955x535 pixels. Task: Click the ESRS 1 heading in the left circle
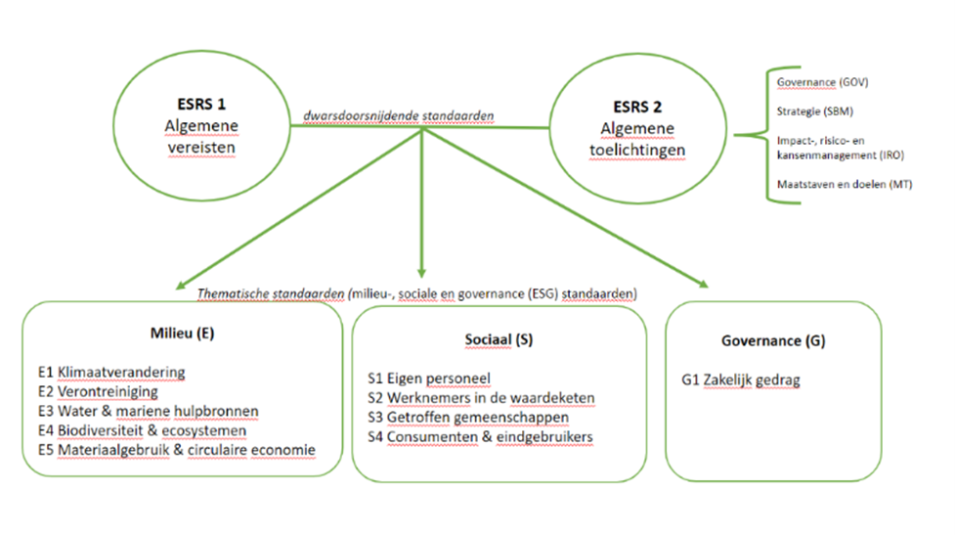point(201,105)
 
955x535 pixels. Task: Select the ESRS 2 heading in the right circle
point(637,107)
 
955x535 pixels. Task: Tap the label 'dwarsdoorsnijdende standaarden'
point(398,115)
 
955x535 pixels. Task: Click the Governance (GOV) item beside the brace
point(822,82)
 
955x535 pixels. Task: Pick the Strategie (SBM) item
point(815,111)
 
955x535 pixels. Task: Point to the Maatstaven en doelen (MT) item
point(845,184)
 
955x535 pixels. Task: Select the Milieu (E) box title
point(182,334)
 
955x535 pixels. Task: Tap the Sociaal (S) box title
point(499,340)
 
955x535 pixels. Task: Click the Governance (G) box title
point(773,341)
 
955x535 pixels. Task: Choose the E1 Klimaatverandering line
point(111,373)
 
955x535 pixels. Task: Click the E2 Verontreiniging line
point(98,392)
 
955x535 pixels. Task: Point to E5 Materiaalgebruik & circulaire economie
point(177,450)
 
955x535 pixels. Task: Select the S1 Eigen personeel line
point(429,379)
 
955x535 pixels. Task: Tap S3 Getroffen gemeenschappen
point(468,418)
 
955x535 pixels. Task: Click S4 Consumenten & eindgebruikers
point(480,437)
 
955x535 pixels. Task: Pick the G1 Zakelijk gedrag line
point(741,380)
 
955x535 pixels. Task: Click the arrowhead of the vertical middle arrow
point(421,273)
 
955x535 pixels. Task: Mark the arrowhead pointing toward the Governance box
point(703,284)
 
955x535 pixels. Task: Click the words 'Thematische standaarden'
point(271,294)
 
